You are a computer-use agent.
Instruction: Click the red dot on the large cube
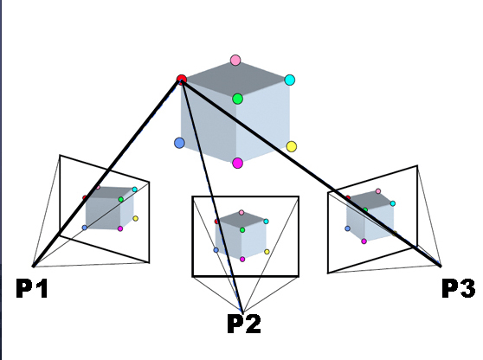point(182,79)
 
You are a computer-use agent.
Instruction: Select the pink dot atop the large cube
point(235,60)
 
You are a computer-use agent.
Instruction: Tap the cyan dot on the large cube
point(290,80)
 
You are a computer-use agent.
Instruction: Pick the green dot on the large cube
point(237,99)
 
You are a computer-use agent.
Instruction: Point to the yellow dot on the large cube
point(292,146)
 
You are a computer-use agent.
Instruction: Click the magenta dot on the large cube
point(237,163)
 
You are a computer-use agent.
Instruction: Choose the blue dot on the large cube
point(179,143)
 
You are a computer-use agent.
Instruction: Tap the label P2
point(244,324)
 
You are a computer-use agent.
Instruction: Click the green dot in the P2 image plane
point(242,229)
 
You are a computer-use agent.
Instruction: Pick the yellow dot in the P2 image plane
point(267,252)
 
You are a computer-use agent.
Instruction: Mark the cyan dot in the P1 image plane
point(135,190)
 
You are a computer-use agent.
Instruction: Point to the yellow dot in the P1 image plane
point(136,219)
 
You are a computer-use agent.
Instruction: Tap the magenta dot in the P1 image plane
point(120,228)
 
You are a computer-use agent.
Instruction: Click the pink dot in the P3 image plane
point(378,191)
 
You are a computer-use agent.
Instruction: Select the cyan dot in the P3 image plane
point(392,203)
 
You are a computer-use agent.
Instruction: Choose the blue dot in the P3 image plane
point(347,228)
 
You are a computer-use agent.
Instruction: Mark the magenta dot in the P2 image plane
point(242,260)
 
